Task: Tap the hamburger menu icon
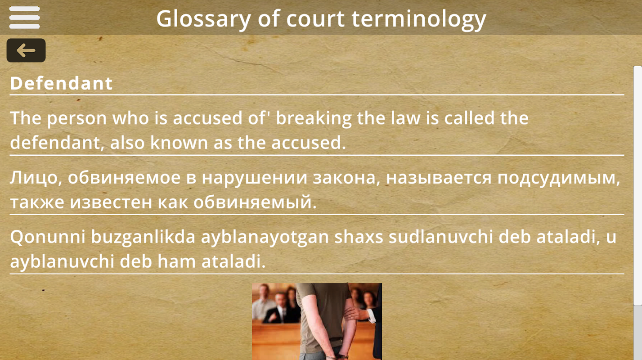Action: coord(24,18)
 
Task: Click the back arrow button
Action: coord(26,50)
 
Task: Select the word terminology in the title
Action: coord(419,19)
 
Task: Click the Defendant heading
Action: coord(61,83)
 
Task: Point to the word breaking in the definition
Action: coord(314,119)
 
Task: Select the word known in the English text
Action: coord(179,143)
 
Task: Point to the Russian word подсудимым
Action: coord(559,178)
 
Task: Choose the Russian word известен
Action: coord(111,202)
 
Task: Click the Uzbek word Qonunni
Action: coord(48,237)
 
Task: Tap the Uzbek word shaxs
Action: coord(359,237)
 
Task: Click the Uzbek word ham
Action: coord(176,261)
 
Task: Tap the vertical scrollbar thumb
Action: coord(638,186)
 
